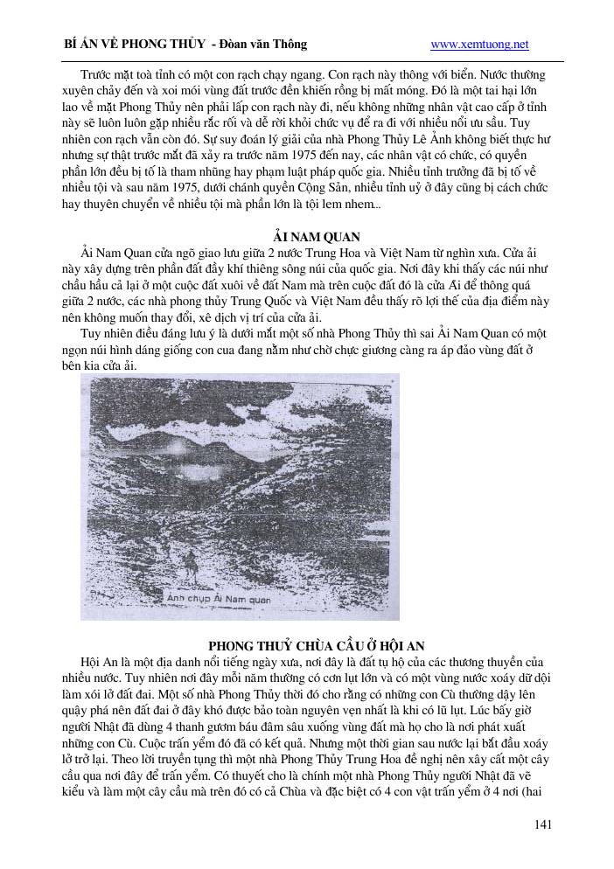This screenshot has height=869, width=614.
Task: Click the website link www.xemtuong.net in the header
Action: pos(480,45)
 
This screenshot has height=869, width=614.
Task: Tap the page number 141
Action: pos(542,824)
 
